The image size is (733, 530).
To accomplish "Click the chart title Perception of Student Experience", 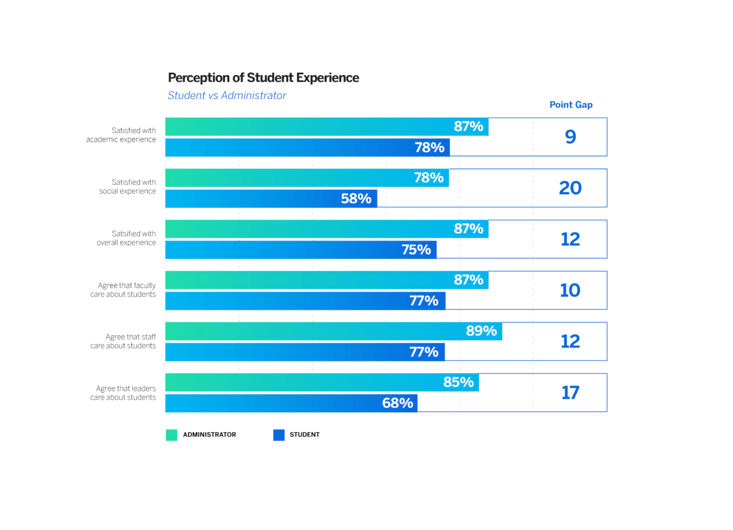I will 263,78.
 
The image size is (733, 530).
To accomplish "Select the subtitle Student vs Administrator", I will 227,95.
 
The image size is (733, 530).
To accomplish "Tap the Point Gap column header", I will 571,104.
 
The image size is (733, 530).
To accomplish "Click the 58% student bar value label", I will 356,198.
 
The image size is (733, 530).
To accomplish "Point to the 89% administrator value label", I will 481,331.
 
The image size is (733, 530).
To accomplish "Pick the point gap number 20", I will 570,188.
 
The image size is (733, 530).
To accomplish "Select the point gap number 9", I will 570,137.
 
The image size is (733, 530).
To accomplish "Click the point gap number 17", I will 570,393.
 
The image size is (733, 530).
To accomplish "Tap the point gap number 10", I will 570,290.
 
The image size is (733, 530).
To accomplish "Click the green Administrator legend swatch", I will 172,435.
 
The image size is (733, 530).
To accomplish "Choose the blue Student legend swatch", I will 279,435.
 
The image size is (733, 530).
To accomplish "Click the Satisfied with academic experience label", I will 121,135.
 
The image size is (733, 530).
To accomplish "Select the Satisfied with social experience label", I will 128,187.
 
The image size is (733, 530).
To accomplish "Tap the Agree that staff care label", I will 123,341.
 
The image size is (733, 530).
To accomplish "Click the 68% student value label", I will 398,403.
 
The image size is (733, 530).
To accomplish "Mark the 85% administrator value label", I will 458,382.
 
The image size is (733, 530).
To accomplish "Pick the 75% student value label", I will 416,250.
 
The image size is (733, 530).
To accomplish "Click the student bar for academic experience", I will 305,147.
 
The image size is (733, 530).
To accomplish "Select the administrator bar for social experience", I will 305,178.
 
